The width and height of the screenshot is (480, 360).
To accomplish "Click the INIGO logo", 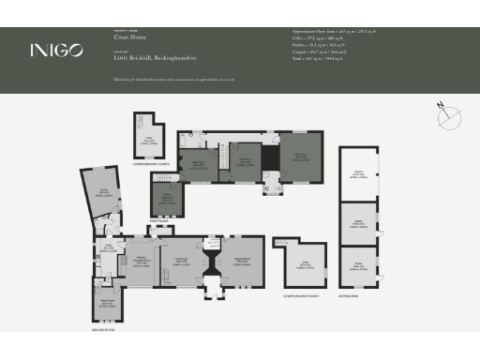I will click(x=55, y=50).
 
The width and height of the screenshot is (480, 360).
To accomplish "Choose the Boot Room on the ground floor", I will click(x=107, y=305).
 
